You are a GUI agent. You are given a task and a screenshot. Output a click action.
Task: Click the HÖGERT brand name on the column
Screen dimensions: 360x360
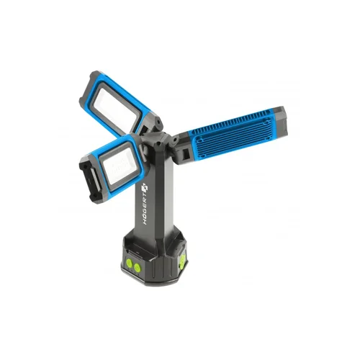click(146, 209)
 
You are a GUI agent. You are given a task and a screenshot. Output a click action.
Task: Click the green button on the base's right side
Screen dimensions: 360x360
click(182, 260)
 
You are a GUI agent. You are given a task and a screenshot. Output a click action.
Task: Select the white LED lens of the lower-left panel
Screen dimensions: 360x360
click(120, 165)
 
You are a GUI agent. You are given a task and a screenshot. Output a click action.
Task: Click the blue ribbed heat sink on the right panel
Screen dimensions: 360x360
click(232, 135)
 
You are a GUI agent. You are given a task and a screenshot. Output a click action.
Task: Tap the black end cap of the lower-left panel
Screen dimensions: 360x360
click(91, 179)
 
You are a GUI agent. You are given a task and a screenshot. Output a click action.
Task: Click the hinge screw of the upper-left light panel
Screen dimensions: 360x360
click(158, 122)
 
